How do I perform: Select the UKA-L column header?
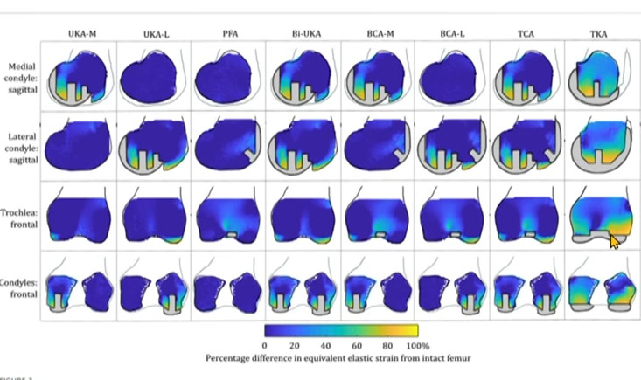coord(157,34)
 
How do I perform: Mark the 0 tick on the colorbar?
coord(264,346)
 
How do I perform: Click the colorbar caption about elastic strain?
coord(339,358)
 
